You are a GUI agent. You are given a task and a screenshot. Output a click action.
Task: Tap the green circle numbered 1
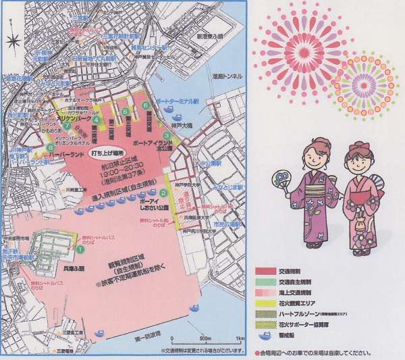click(80, 249)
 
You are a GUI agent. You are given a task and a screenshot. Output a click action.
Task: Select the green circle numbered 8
click(51, 149)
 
